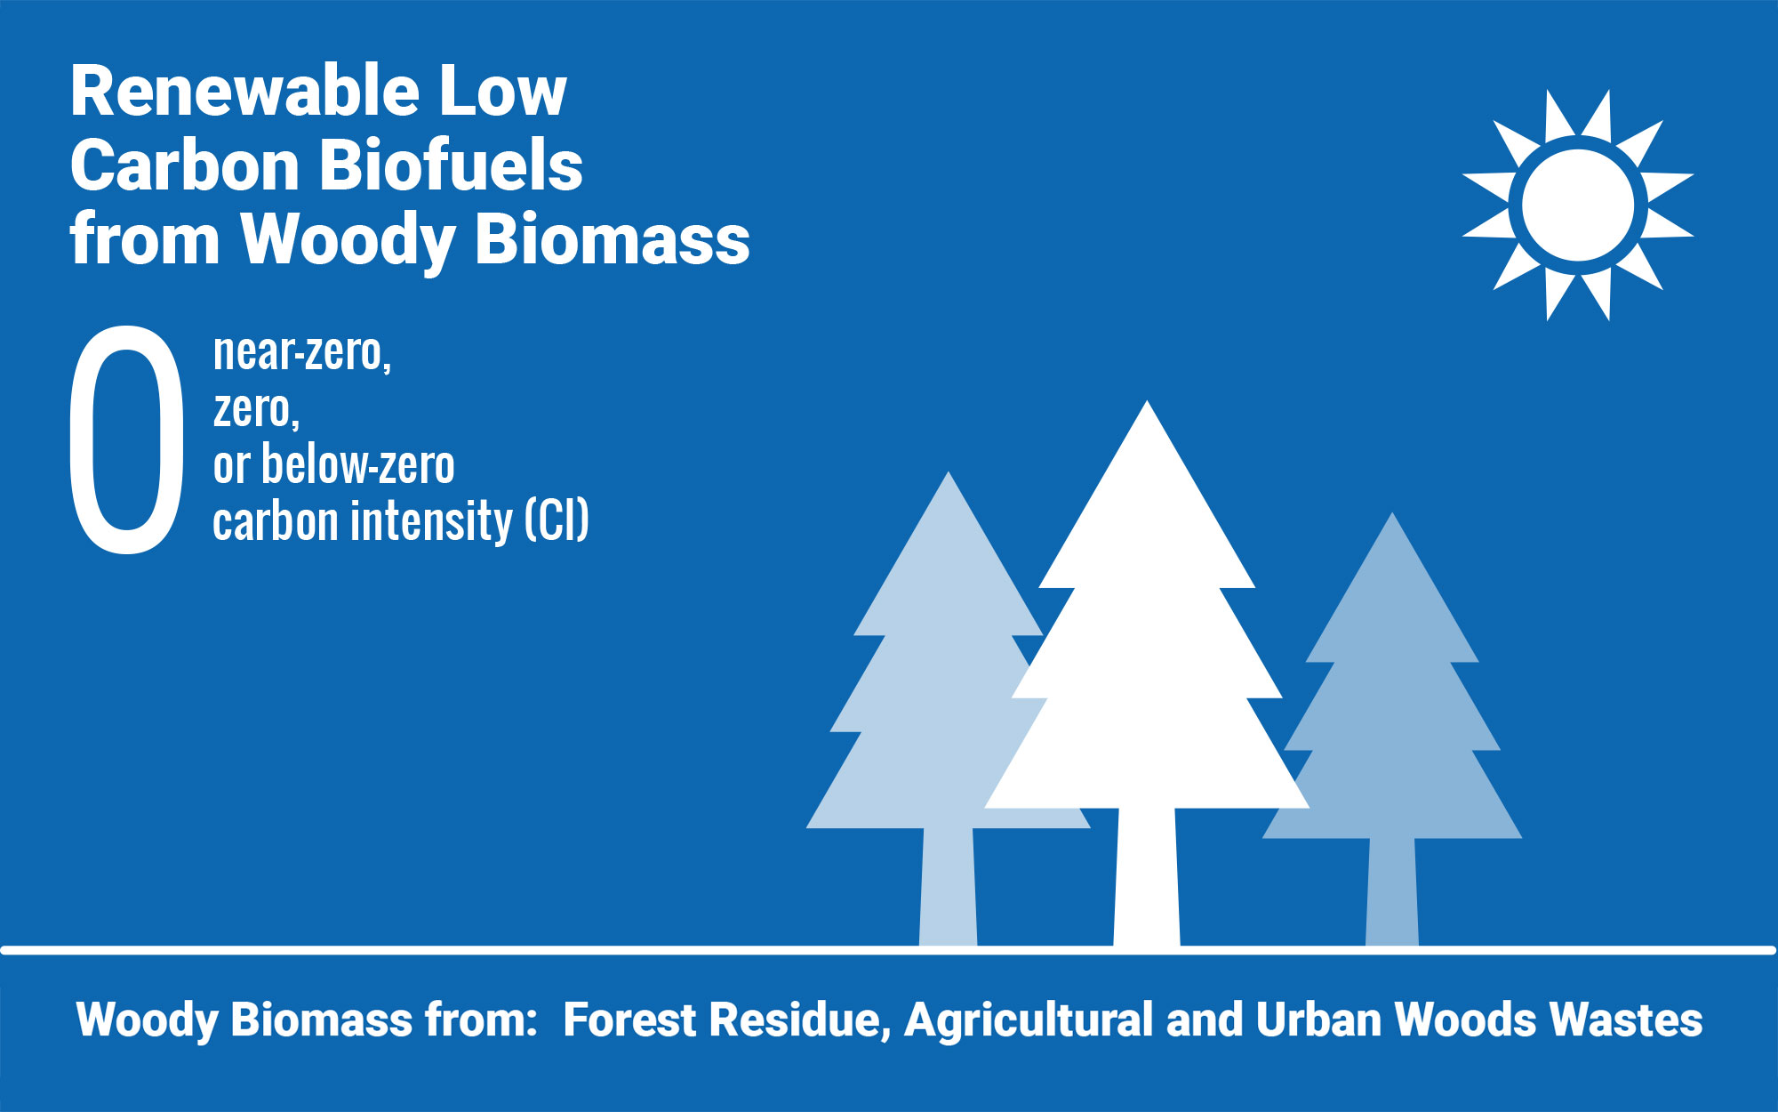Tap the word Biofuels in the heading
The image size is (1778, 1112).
coord(451,165)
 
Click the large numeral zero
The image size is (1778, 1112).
coord(126,439)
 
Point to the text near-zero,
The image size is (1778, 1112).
coord(302,353)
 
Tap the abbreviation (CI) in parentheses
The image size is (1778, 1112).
coord(557,520)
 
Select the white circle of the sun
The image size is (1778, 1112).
coord(1578,205)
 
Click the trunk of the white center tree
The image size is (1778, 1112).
coord(1147,876)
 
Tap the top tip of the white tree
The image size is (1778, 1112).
coord(1147,401)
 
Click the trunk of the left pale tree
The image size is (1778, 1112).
coord(948,886)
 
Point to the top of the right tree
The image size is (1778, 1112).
coord(1392,513)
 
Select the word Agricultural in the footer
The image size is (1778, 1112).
coord(1029,1021)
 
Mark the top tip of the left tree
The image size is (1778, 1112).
coord(949,472)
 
